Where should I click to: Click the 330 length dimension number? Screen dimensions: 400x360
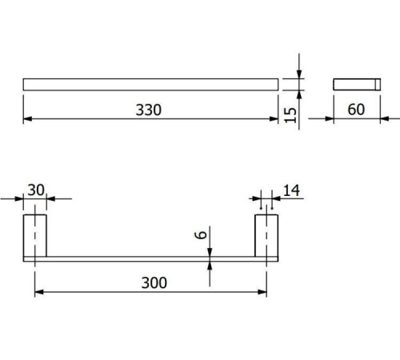click(x=149, y=110)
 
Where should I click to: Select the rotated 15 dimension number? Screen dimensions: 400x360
click(x=290, y=115)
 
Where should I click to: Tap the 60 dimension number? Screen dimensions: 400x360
click(x=356, y=110)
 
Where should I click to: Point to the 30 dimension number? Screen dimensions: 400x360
click(x=36, y=190)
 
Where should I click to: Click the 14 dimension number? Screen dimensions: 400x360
click(x=291, y=190)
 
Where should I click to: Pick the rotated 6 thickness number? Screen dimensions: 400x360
click(x=201, y=234)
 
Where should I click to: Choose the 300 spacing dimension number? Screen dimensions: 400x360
click(x=154, y=282)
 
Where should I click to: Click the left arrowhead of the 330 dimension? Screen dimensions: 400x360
click(x=27, y=119)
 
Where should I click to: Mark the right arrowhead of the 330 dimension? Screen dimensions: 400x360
click(x=274, y=119)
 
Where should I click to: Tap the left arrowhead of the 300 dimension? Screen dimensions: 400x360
click(x=39, y=292)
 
